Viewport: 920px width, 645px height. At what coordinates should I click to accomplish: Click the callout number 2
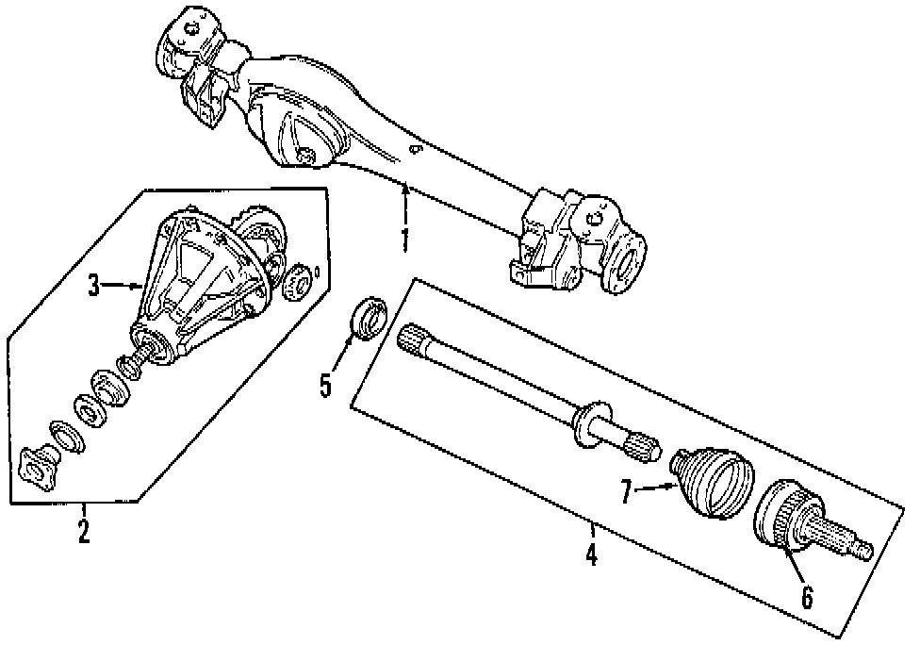coord(84,531)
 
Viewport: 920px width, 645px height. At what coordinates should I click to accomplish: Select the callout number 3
coord(94,286)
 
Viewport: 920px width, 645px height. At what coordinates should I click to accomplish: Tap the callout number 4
coord(591,554)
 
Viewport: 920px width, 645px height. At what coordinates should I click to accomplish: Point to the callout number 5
coord(326,385)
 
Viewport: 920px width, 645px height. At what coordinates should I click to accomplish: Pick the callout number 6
coord(807,596)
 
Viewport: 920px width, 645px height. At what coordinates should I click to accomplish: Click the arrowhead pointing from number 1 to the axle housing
coord(404,188)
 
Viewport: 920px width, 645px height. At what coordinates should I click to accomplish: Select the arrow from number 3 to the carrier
coord(123,284)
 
